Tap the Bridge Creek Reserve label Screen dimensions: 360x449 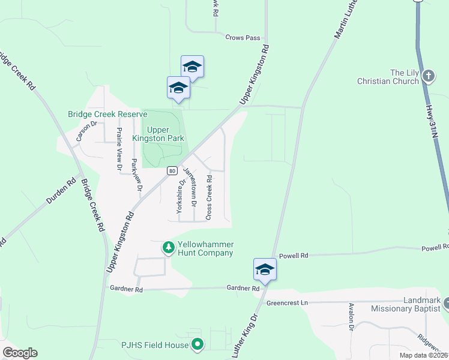(107, 114)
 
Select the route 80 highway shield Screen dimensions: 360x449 (172, 171)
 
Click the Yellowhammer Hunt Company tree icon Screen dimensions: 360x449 (169, 247)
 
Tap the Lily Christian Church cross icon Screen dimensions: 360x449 (429, 76)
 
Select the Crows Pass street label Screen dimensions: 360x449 (243, 38)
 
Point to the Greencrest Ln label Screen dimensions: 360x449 (287, 303)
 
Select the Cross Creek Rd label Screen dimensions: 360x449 (209, 197)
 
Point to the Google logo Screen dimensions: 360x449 (20, 353)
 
